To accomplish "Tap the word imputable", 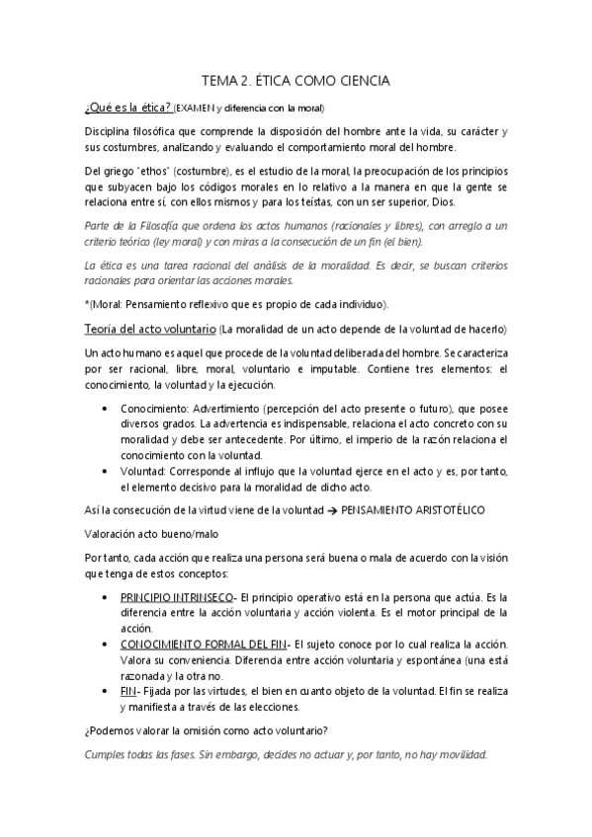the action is click(x=369, y=368).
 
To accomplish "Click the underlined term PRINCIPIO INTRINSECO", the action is click(x=177, y=598).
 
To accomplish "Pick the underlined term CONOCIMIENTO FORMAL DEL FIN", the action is click(x=205, y=644).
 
